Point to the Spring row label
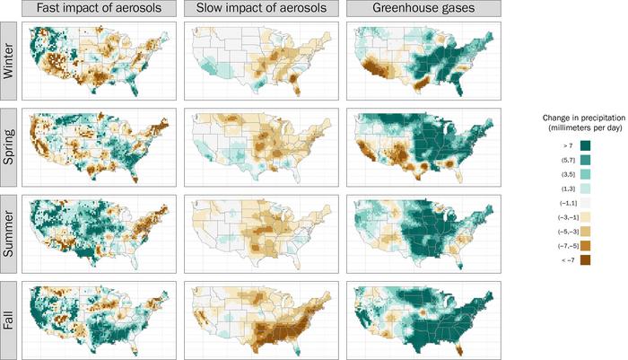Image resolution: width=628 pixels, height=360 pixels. click(x=10, y=145)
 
